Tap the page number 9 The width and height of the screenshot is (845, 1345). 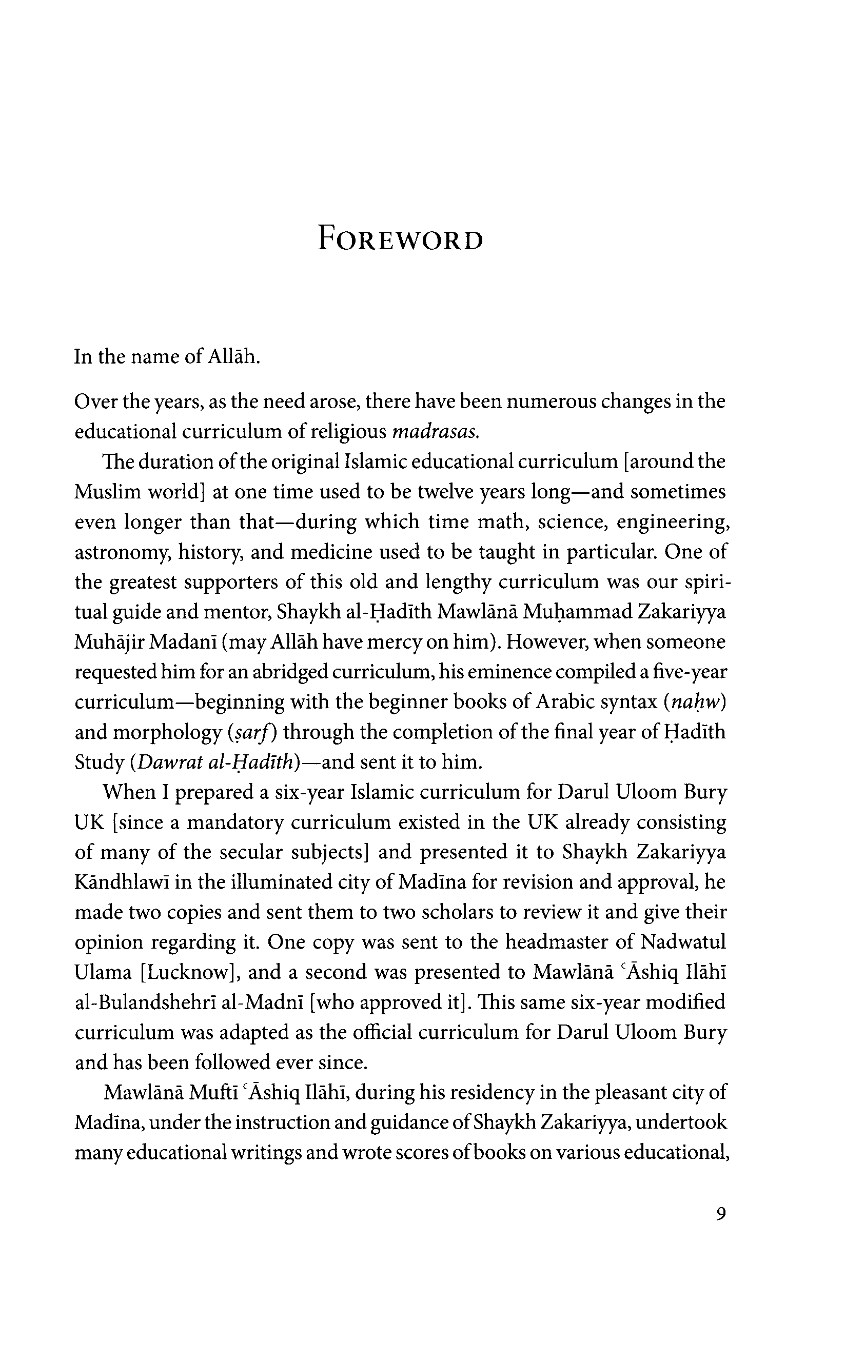720,1214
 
